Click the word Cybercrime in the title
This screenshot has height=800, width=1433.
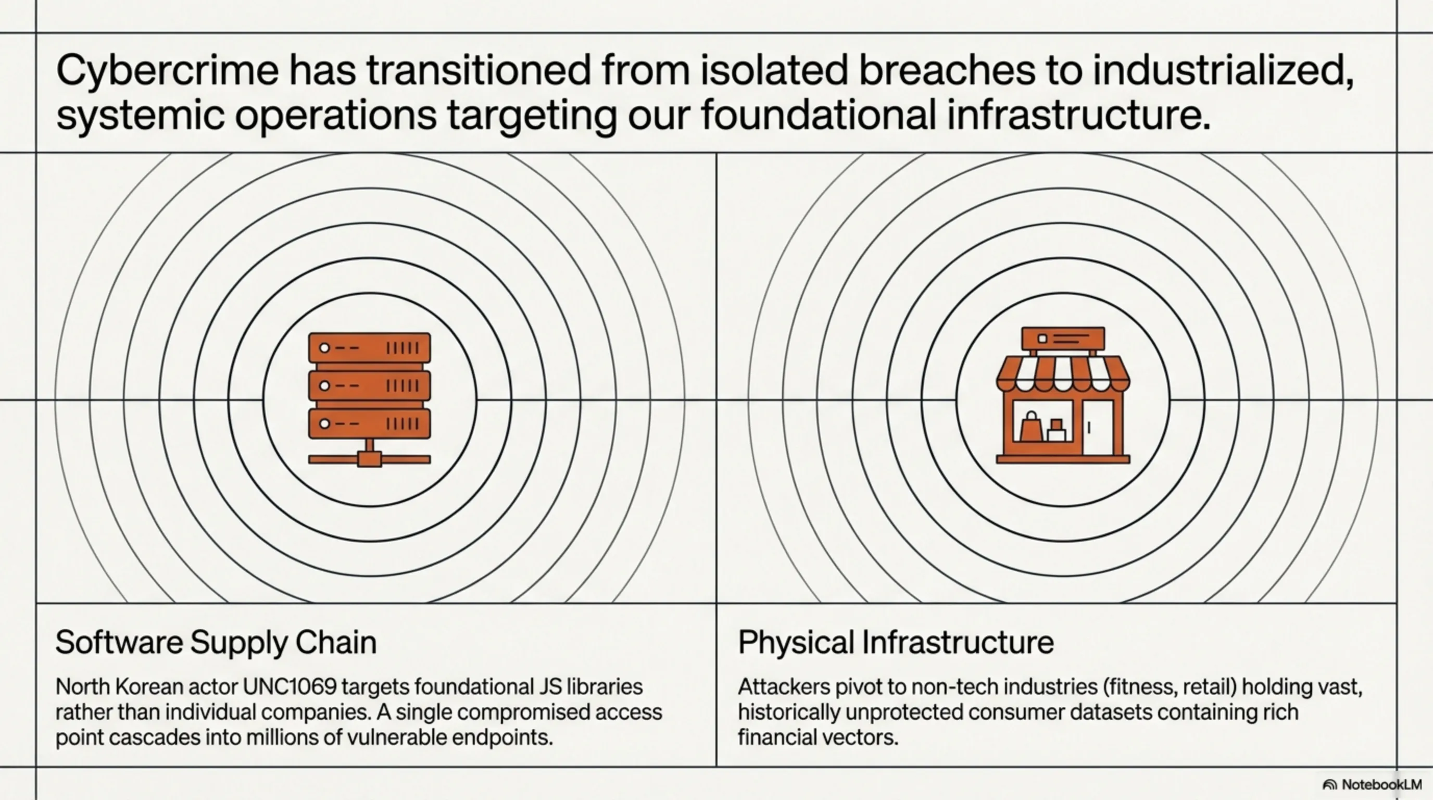(x=167, y=71)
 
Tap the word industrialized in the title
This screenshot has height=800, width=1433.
(x=1223, y=70)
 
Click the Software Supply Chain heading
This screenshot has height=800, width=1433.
(x=216, y=643)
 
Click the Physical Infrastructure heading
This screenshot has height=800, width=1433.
(x=896, y=642)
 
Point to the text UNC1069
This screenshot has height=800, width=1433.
(x=290, y=686)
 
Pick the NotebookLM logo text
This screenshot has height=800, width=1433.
(x=1382, y=784)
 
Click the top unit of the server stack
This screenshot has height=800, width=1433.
(x=369, y=348)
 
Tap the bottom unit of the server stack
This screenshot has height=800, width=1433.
(x=369, y=424)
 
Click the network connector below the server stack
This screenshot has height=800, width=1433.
(x=369, y=456)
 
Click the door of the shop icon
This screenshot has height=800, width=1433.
(x=1098, y=427)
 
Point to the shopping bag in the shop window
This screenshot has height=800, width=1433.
(x=1031, y=426)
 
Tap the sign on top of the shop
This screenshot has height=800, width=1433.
(x=1063, y=338)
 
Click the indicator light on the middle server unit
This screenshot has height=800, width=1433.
(x=324, y=385)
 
